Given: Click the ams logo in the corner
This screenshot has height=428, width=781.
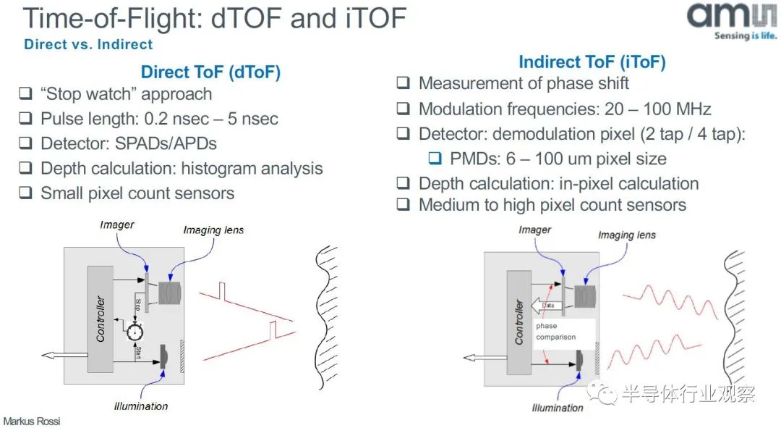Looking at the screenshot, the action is [x=731, y=20].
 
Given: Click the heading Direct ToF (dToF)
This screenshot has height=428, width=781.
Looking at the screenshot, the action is [x=210, y=72].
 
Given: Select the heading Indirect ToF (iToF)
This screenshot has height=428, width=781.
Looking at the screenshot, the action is [x=592, y=62].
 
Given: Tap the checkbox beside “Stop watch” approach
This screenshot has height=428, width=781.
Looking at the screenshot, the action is [x=25, y=93].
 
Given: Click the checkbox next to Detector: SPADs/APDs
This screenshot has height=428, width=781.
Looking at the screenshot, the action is [x=25, y=143].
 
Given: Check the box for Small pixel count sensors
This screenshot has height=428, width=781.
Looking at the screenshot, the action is [x=25, y=193].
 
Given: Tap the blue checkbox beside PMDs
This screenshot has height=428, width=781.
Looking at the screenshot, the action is [x=435, y=158].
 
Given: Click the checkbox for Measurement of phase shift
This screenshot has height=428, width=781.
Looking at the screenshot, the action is [x=403, y=83].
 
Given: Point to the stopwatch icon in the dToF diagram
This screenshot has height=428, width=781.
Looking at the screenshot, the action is [x=135, y=330].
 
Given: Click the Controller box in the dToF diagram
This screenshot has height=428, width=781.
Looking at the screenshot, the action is [x=100, y=319].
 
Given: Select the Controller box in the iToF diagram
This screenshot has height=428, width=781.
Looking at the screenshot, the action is [x=519, y=322].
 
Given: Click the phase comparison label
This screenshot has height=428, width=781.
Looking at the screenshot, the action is [x=555, y=331].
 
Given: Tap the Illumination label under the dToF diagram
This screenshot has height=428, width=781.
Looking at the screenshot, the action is [x=141, y=406].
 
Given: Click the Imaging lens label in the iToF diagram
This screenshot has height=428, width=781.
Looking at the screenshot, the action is [x=626, y=235].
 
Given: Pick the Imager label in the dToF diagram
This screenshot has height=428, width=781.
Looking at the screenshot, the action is [x=117, y=225].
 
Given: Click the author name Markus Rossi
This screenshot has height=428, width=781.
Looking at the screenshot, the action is [x=32, y=421].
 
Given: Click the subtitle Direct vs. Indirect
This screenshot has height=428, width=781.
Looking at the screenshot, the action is [x=88, y=44].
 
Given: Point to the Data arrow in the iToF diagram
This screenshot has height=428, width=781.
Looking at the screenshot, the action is [x=547, y=306].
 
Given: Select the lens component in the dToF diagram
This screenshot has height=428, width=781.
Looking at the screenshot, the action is [x=169, y=293].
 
